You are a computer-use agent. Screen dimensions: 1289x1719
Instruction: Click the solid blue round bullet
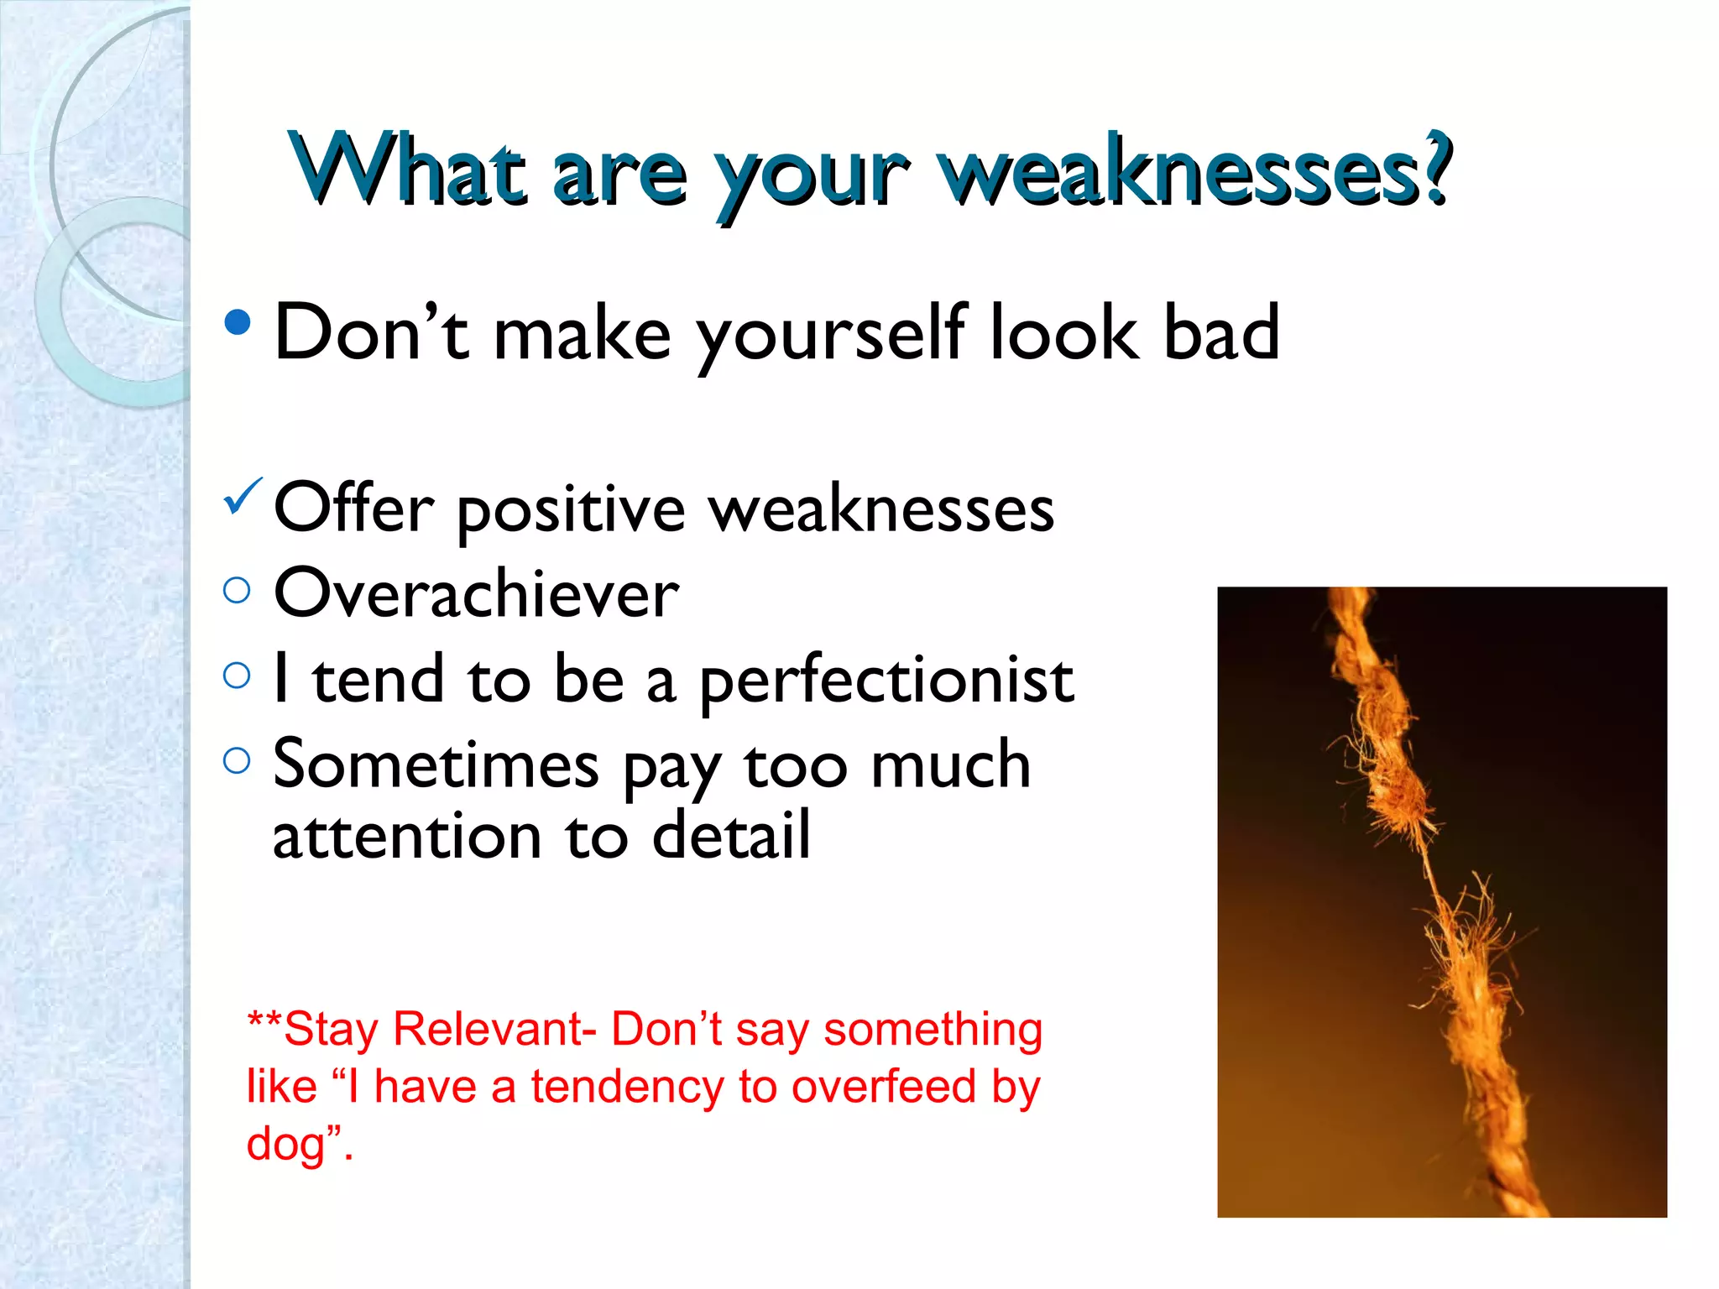(238, 322)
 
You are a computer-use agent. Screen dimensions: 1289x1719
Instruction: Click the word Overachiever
(476, 593)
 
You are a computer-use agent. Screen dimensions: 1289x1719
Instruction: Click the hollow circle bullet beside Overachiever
(238, 590)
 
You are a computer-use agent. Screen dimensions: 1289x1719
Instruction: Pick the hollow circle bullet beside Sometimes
(238, 760)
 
